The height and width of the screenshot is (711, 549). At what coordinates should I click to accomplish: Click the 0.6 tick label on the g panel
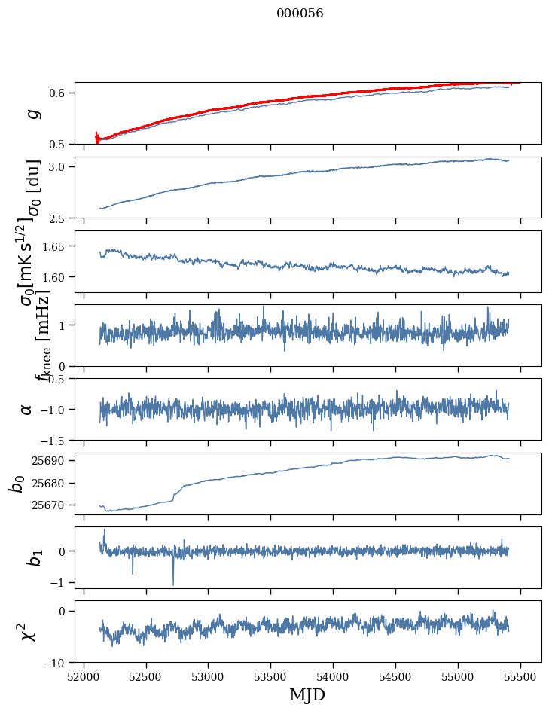tap(59, 93)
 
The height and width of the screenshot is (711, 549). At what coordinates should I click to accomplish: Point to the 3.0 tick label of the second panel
tap(59, 166)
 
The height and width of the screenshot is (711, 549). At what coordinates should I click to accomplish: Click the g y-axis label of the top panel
tap(31, 114)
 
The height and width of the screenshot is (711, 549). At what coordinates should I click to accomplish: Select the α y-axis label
tap(27, 409)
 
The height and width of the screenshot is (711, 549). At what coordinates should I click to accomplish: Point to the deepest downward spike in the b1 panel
tap(173, 584)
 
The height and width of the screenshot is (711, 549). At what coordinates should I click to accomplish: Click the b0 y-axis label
tap(16, 484)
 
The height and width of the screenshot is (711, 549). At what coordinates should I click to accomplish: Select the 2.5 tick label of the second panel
tap(59, 218)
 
